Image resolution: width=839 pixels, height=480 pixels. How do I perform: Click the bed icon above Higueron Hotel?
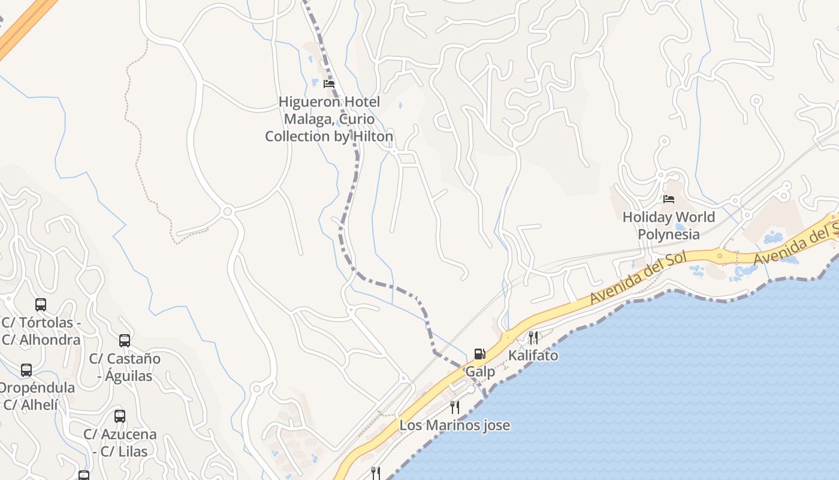(x=328, y=83)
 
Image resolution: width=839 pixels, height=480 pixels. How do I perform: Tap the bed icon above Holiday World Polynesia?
(x=669, y=199)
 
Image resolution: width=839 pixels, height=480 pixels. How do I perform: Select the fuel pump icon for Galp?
(x=479, y=354)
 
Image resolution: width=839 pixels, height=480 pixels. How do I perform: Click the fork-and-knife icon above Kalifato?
(x=533, y=337)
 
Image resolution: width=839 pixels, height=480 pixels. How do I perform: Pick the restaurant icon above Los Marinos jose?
(x=455, y=407)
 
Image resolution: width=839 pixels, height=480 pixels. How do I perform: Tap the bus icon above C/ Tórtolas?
(x=41, y=304)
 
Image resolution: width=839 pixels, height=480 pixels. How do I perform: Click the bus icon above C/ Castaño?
(x=125, y=341)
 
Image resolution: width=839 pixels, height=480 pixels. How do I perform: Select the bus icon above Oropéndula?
(x=26, y=370)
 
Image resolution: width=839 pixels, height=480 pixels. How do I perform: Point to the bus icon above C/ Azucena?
(x=120, y=416)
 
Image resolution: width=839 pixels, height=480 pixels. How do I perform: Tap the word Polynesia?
(x=669, y=234)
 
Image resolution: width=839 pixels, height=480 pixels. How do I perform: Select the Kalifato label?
(x=533, y=355)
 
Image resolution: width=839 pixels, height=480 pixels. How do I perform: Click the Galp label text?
(x=480, y=371)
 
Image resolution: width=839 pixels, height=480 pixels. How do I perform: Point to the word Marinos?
(x=448, y=425)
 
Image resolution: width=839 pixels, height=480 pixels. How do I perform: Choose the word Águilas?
(x=129, y=376)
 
